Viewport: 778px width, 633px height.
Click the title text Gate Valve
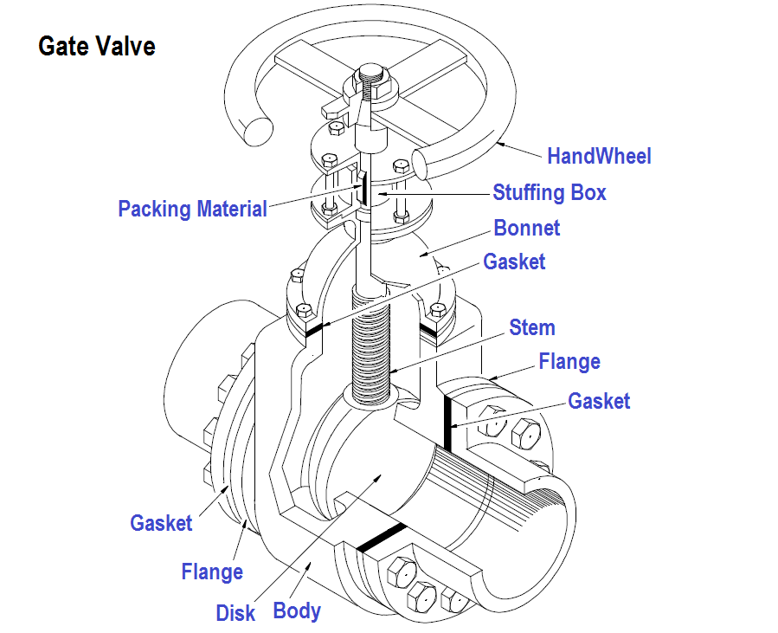pyautogui.click(x=96, y=46)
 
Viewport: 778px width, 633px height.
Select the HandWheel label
pyautogui.click(x=599, y=156)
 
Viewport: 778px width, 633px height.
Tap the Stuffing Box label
pyautogui.click(x=550, y=191)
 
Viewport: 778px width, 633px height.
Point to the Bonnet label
pyautogui.click(x=526, y=228)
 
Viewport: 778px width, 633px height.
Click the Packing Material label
pyautogui.click(x=192, y=209)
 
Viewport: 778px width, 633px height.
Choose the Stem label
pyautogui.click(x=531, y=327)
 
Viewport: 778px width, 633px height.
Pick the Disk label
pyautogui.click(x=235, y=613)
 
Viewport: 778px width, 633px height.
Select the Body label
pyautogui.click(x=297, y=610)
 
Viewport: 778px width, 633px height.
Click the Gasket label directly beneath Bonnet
pyautogui.click(x=514, y=262)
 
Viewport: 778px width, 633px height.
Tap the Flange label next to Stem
pyautogui.click(x=569, y=361)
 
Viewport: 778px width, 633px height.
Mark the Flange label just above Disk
pyautogui.click(x=212, y=572)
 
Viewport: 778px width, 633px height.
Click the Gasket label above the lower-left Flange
pyautogui.click(x=161, y=523)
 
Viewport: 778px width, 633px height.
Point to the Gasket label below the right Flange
pyautogui.click(x=599, y=401)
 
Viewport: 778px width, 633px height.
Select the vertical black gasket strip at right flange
pyautogui.click(x=450, y=424)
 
